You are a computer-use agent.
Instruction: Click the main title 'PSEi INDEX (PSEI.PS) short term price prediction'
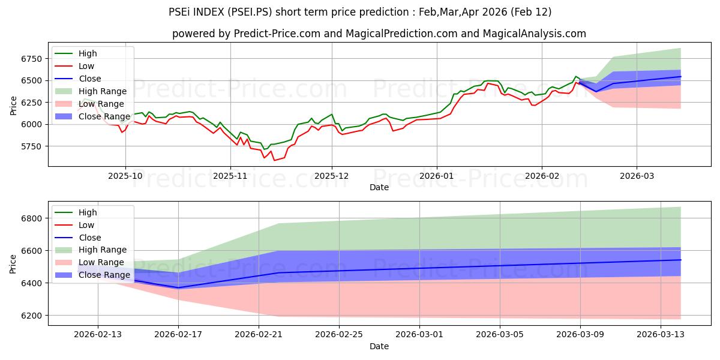tap(360, 12)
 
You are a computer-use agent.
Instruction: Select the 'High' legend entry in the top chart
tap(88, 53)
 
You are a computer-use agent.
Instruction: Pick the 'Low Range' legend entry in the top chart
tap(102, 104)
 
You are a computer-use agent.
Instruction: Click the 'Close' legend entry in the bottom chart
tap(90, 238)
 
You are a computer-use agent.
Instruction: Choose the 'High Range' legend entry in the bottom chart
tap(103, 250)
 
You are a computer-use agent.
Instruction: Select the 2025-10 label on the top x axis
tap(125, 176)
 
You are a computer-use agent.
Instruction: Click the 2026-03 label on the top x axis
tap(637, 176)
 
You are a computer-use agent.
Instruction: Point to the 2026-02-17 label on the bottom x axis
tap(178, 334)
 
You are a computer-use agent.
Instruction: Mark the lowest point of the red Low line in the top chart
tap(275, 160)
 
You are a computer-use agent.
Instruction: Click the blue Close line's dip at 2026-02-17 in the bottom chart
tap(178, 287)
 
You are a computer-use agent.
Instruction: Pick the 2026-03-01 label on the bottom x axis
tap(419, 334)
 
